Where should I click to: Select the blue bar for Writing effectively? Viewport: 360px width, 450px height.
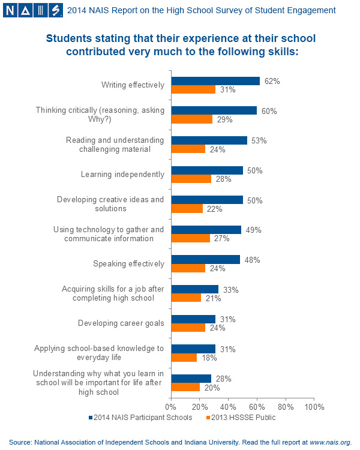215,81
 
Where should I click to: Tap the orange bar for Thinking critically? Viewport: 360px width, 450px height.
192,119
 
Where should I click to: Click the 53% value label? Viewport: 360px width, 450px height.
259,140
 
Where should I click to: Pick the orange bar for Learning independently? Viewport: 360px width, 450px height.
191,179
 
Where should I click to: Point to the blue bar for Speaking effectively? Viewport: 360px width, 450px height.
206,259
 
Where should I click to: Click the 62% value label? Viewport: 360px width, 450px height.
272,81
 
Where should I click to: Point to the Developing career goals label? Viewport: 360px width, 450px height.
121,323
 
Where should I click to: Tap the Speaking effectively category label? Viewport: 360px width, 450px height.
128,263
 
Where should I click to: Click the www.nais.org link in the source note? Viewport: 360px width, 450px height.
329,442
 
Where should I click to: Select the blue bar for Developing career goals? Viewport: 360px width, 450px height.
193,319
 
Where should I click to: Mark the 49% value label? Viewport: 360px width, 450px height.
253,230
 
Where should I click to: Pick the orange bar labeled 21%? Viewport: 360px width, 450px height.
186,298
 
